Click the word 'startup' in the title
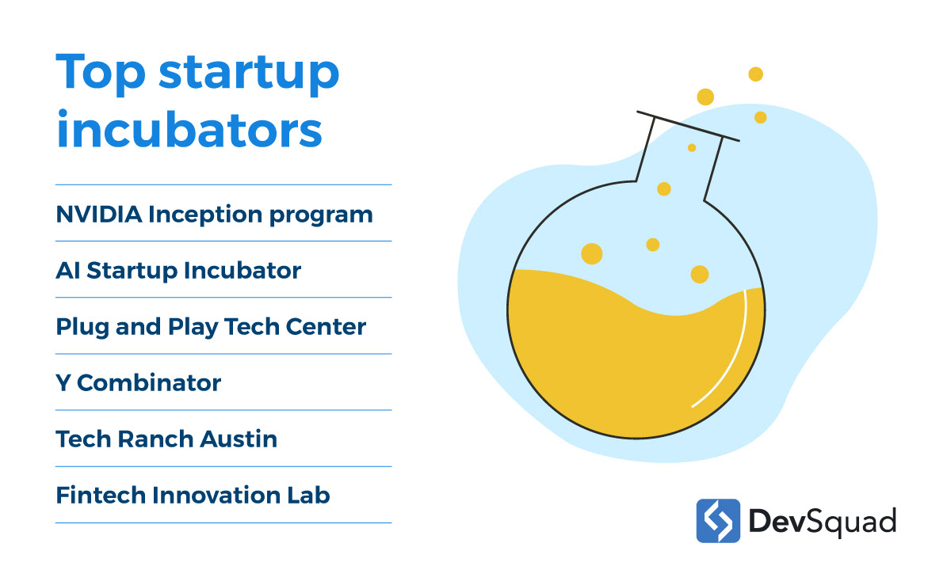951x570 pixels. (x=249, y=74)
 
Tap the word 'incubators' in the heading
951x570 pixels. (x=189, y=128)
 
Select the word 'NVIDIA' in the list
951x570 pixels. (x=99, y=215)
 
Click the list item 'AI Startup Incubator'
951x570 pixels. (x=178, y=271)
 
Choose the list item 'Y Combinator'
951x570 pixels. (x=139, y=383)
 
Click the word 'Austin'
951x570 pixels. (x=239, y=439)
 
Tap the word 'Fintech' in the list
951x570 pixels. (x=101, y=495)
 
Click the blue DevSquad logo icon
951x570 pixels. (x=718, y=521)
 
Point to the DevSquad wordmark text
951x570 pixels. (x=823, y=522)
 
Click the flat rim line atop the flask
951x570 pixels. (x=688, y=126)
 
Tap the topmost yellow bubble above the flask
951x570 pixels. (x=756, y=74)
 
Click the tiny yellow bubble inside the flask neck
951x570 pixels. (x=692, y=147)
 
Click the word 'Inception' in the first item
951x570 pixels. (x=205, y=215)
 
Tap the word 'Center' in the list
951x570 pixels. (x=326, y=327)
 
